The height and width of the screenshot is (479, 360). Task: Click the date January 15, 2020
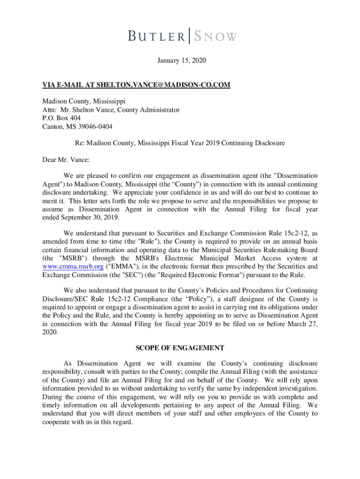point(180,61)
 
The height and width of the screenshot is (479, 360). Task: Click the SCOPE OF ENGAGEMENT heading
point(180,348)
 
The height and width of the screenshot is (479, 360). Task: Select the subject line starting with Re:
point(180,143)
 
